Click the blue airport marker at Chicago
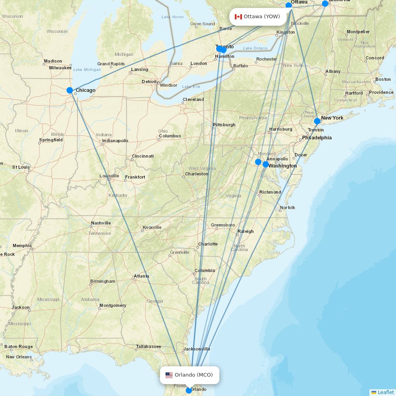[70, 90]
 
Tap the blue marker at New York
[317, 121]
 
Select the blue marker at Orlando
[189, 390]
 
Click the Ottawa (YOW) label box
[258, 17]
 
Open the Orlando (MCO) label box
[189, 375]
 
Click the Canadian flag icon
[238, 17]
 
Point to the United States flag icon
[169, 375]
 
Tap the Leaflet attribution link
[385, 392]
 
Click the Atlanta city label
[141, 276]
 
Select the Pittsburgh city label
[224, 125]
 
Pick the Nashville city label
[101, 223]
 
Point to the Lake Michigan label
[87, 70]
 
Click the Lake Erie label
[191, 87]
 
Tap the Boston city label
[383, 79]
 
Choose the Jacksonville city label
[196, 349]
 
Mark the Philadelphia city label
[317, 138]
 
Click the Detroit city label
[149, 82]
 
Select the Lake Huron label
[172, 17]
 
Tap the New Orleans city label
[19, 357]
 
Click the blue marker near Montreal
[325, 4]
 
